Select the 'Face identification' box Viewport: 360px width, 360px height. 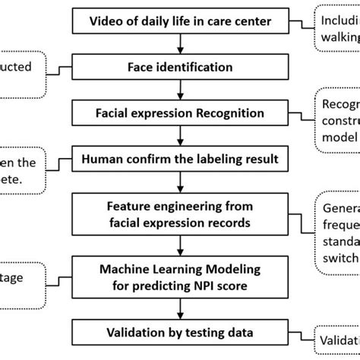(x=179, y=66)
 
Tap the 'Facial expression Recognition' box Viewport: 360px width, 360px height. (x=179, y=114)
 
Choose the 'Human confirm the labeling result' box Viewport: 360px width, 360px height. (x=179, y=161)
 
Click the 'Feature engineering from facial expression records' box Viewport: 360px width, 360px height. (x=179, y=216)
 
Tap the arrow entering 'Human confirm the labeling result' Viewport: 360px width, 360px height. (x=180, y=137)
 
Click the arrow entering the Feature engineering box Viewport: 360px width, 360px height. (x=180, y=185)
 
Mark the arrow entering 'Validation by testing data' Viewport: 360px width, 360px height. (x=180, y=308)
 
